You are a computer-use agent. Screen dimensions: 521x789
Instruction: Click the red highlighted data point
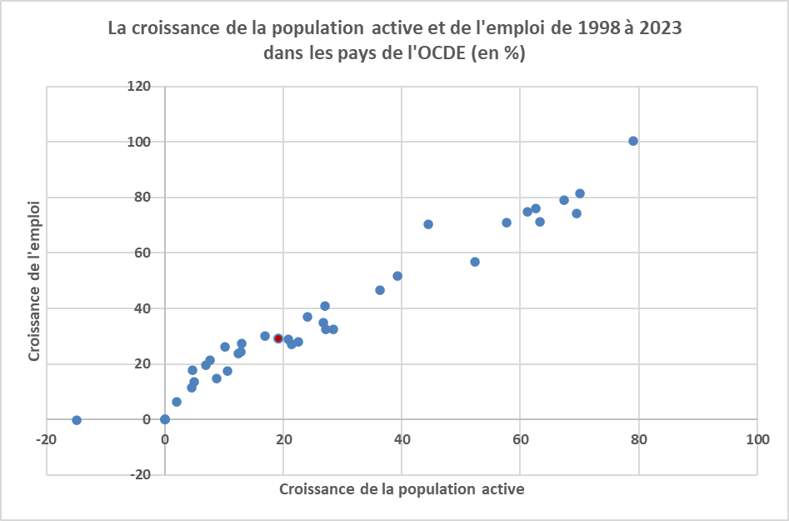[278, 338]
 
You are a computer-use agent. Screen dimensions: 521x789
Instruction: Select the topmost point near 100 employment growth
[633, 141]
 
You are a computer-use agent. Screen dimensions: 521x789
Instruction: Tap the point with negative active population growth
[77, 420]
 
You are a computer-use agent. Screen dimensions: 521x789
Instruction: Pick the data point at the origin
[165, 419]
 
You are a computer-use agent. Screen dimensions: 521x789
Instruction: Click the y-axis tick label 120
[139, 87]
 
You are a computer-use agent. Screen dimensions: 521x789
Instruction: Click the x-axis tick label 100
[757, 439]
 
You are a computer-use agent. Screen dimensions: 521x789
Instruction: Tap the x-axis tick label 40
[402, 439]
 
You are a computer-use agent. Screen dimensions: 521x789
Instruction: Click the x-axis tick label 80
[639, 439]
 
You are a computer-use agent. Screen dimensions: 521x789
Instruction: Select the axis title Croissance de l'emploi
[35, 280]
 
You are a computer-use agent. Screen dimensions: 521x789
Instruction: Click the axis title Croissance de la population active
[402, 489]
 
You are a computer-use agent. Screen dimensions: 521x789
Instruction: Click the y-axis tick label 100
[139, 142]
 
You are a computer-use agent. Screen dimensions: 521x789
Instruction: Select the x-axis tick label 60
[521, 439]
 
